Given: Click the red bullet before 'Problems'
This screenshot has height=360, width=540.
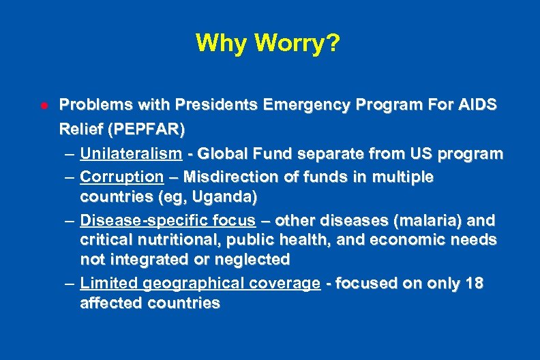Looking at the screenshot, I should pos(42,106).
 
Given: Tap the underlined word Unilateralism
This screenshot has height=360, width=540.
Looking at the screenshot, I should pos(131,153).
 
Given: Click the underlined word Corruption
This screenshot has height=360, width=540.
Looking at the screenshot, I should pos(121,177).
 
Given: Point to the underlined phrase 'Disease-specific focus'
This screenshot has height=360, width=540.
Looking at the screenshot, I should pos(168,221).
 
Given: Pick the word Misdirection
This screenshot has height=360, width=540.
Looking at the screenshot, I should pos(230,177).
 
